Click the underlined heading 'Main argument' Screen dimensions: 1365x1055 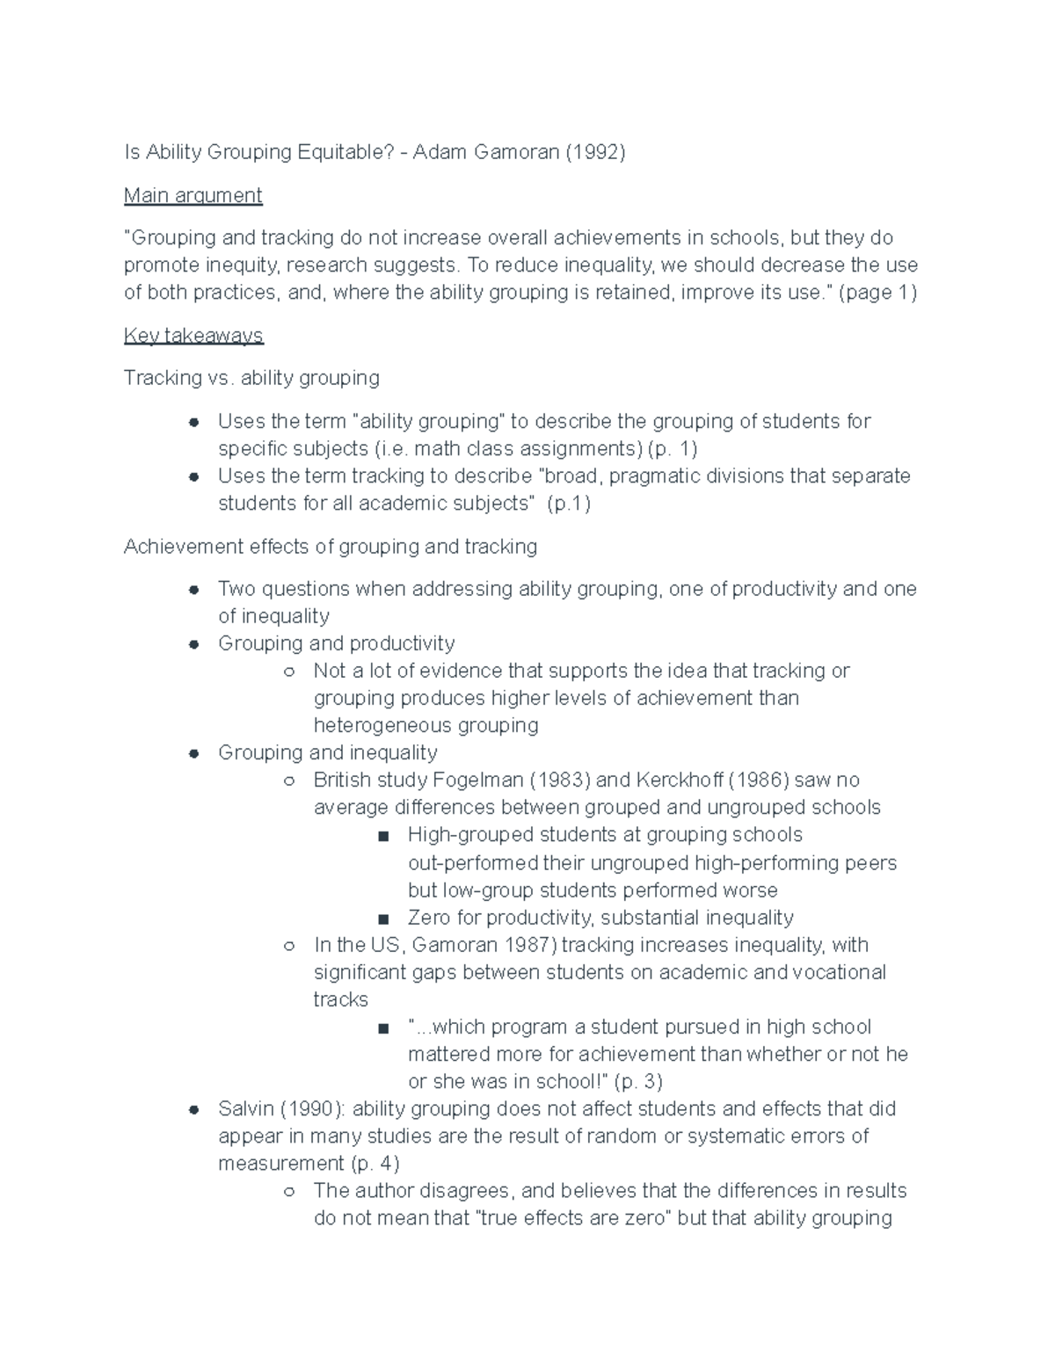(193, 195)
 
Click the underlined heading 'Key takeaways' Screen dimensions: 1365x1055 (193, 336)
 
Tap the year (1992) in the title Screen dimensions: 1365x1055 (595, 152)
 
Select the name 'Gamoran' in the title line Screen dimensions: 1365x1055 (516, 152)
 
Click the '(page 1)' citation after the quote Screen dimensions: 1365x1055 (877, 293)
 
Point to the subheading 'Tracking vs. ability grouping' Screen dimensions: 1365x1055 (251, 378)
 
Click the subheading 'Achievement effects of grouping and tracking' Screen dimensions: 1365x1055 (330, 547)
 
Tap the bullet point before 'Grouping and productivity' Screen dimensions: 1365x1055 (193, 644)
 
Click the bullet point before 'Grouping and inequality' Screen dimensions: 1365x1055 (193, 753)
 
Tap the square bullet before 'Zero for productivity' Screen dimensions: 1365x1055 (382, 919)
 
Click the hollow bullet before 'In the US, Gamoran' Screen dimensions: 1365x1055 (288, 947)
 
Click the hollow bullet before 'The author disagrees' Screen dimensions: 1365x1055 (288, 1192)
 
